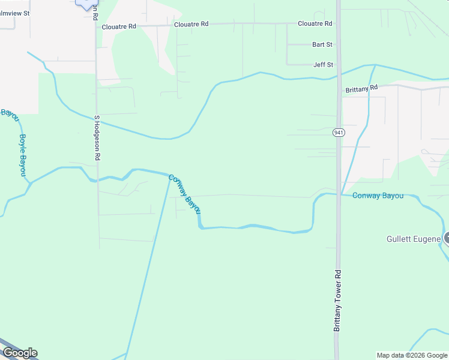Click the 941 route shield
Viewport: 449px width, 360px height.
click(x=339, y=132)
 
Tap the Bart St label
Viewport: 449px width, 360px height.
click(x=322, y=44)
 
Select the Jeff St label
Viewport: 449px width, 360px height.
click(x=323, y=65)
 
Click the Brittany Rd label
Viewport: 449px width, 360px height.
click(x=361, y=88)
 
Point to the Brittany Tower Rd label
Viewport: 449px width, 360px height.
click(x=337, y=300)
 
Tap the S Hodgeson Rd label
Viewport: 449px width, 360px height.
click(x=97, y=138)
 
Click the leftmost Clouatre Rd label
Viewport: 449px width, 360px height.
click(x=119, y=27)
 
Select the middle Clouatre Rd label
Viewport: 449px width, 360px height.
click(x=191, y=25)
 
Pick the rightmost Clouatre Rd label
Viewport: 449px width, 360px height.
click(x=315, y=23)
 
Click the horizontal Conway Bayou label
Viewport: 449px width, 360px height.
click(x=378, y=196)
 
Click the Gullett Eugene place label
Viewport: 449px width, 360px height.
click(x=414, y=239)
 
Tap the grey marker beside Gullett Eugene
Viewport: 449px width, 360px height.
click(x=447, y=238)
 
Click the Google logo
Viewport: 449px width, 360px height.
click(x=20, y=353)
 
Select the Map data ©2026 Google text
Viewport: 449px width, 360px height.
click(x=412, y=355)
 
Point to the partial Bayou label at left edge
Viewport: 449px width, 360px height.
click(x=10, y=115)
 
